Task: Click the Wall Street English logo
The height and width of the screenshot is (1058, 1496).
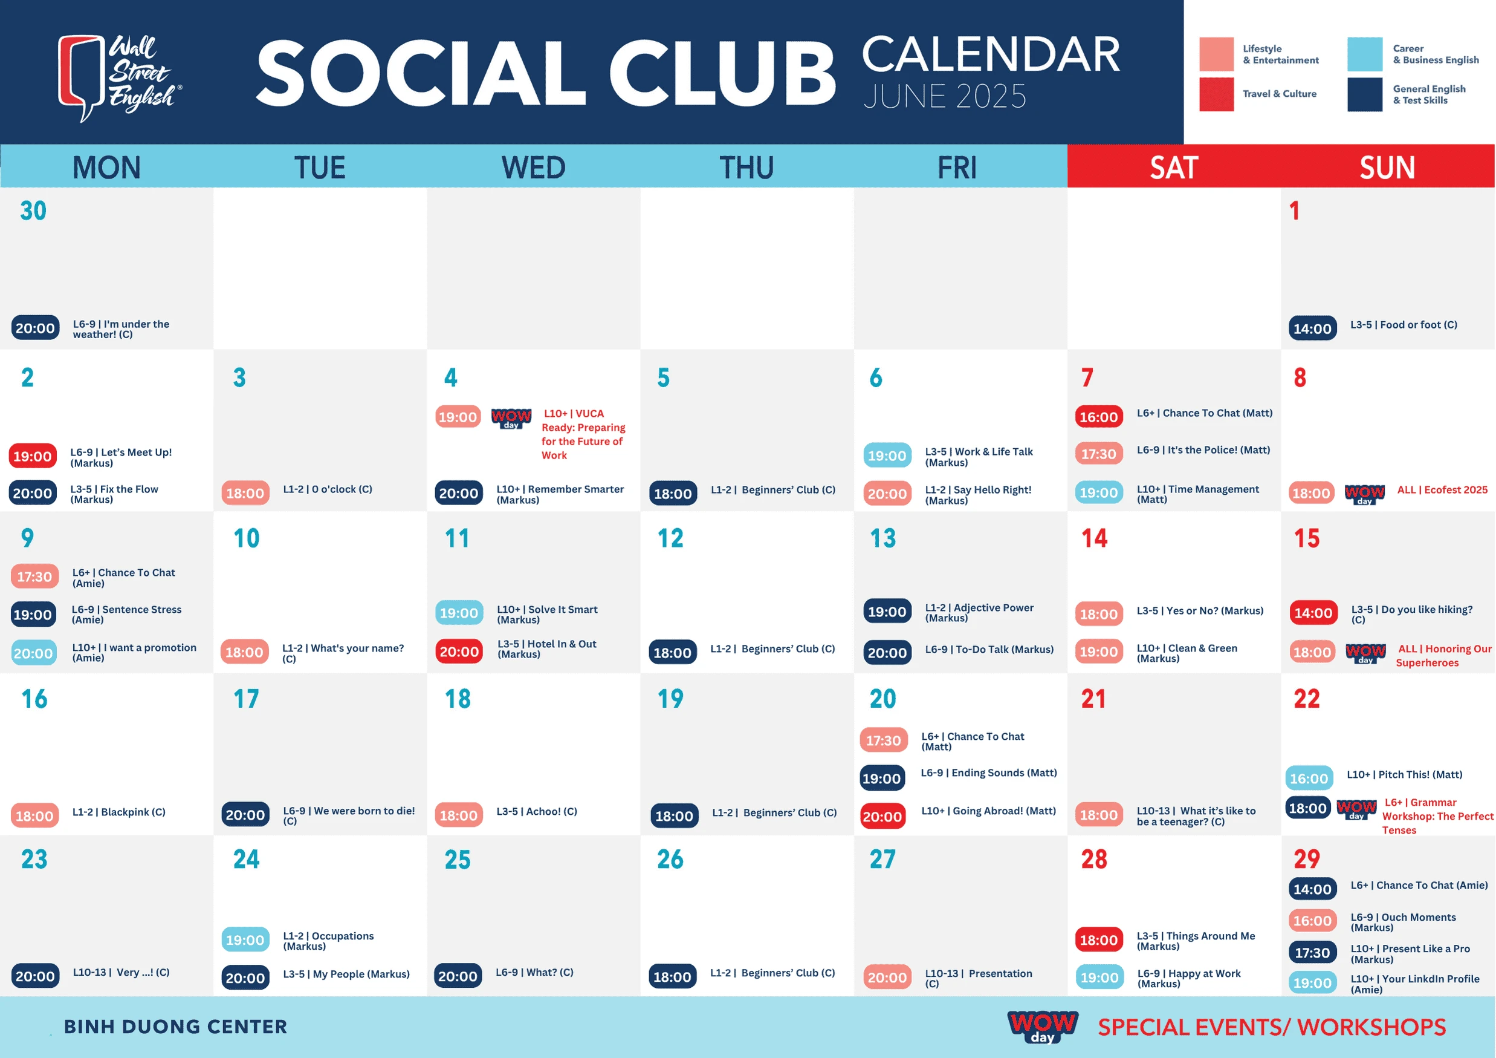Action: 120,77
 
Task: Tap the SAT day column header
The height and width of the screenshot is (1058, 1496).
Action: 1173,168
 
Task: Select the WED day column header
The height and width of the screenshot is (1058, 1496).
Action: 533,168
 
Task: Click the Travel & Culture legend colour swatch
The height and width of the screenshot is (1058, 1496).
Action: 1216,94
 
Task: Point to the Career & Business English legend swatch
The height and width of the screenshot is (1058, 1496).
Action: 1364,54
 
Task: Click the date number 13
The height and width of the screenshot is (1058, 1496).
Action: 883,538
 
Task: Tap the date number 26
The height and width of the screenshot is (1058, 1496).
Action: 670,859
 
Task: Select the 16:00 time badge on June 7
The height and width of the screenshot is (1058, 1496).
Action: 1098,417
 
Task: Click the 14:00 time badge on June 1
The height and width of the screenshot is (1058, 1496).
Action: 1312,328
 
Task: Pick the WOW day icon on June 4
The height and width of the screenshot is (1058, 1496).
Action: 511,418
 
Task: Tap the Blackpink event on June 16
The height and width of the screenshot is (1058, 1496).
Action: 118,812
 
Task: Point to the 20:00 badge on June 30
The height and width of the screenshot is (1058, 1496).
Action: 35,328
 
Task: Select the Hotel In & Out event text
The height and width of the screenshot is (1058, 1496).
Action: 546,648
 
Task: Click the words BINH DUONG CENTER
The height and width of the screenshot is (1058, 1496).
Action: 175,1027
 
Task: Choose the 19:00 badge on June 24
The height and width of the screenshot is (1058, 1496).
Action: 245,940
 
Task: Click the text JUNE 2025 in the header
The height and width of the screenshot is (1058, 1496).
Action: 945,96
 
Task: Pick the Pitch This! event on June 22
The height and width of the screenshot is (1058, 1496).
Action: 1404,774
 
